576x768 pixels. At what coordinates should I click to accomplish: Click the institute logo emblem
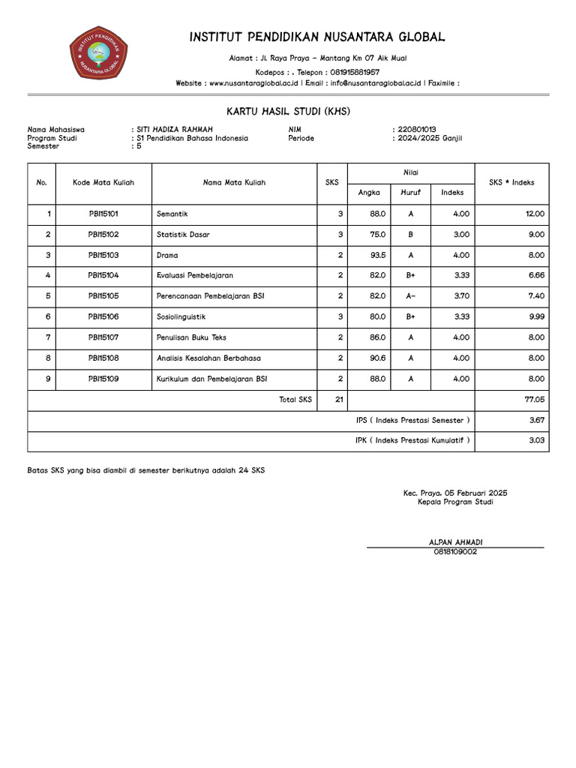tap(98, 52)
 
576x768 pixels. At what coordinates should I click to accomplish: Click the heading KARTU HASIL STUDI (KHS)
tap(288, 112)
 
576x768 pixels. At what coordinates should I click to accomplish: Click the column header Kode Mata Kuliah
tap(103, 182)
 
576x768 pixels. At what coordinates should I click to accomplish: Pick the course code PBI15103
tap(103, 255)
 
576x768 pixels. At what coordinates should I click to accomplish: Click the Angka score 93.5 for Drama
tap(378, 255)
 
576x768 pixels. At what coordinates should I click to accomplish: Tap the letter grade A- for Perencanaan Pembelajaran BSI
tap(411, 296)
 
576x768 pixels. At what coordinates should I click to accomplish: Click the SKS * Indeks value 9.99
tap(535, 316)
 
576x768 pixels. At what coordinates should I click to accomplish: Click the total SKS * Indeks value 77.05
tap(534, 400)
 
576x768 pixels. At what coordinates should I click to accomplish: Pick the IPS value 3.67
tap(536, 421)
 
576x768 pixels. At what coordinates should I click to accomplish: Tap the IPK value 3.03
tap(536, 441)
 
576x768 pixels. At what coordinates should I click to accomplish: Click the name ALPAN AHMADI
tap(454, 541)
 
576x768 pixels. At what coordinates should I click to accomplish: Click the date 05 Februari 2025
tap(475, 493)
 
